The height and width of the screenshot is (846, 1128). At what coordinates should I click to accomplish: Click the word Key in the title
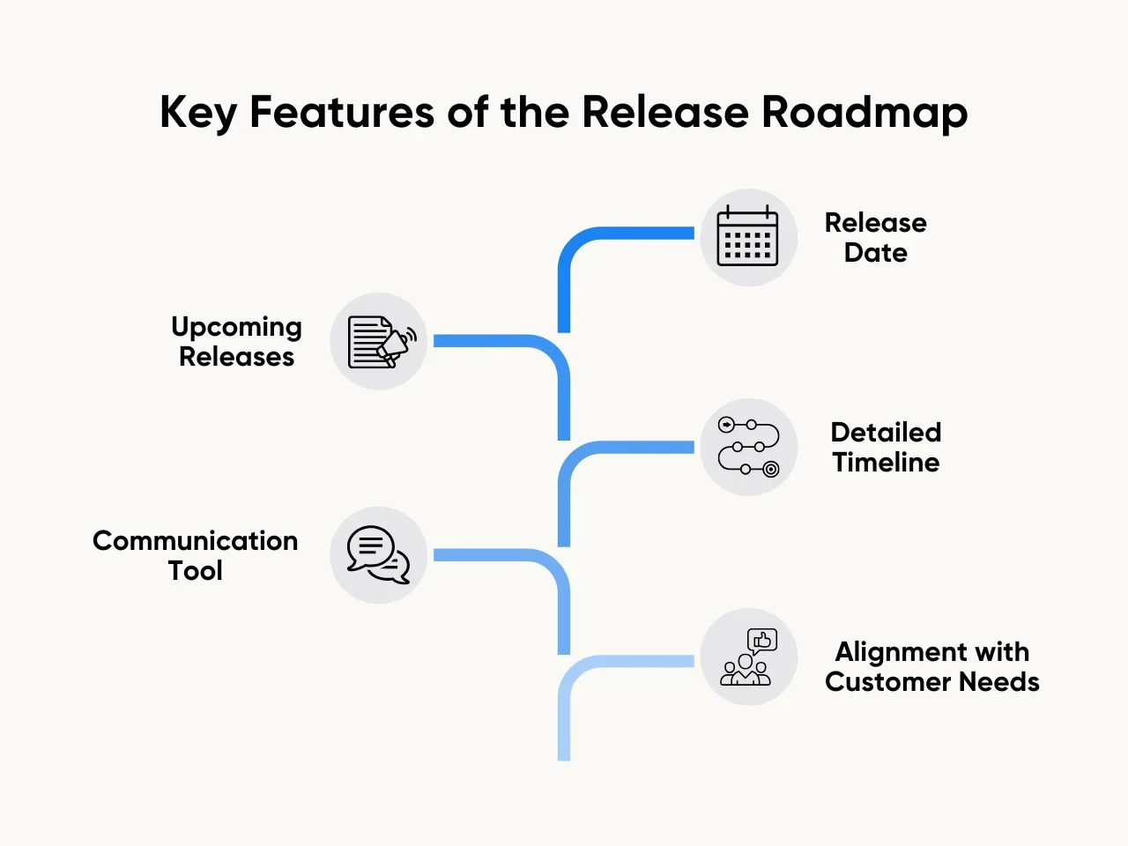point(197,113)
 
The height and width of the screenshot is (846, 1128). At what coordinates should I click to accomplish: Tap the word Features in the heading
point(342,113)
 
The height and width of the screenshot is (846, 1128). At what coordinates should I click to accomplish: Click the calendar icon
point(747,237)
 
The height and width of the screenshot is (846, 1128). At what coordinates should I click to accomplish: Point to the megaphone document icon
point(380,342)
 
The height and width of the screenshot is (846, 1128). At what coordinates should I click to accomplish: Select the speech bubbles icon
point(379,555)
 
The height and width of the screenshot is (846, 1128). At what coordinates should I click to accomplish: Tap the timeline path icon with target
point(748,447)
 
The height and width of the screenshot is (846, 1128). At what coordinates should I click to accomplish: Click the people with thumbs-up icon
point(747,657)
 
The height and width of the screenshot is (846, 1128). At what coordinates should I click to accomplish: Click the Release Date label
point(875,238)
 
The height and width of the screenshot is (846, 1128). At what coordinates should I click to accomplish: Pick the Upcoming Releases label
point(236,342)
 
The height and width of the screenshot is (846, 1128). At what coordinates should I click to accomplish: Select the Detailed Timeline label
point(886,448)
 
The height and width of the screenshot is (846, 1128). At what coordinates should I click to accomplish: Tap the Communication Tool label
point(195,555)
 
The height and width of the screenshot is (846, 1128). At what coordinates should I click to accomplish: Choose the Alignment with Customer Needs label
point(931,667)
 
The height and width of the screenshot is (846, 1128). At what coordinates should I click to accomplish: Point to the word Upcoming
point(236,328)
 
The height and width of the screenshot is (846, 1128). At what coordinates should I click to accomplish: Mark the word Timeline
point(886,463)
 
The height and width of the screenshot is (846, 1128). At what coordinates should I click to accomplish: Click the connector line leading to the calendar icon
point(617,234)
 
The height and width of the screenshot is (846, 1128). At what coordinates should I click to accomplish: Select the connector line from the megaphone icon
point(493,340)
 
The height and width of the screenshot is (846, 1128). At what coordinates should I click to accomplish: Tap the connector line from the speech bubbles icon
point(493,555)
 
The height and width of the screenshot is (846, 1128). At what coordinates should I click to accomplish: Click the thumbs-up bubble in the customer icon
point(762,640)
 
